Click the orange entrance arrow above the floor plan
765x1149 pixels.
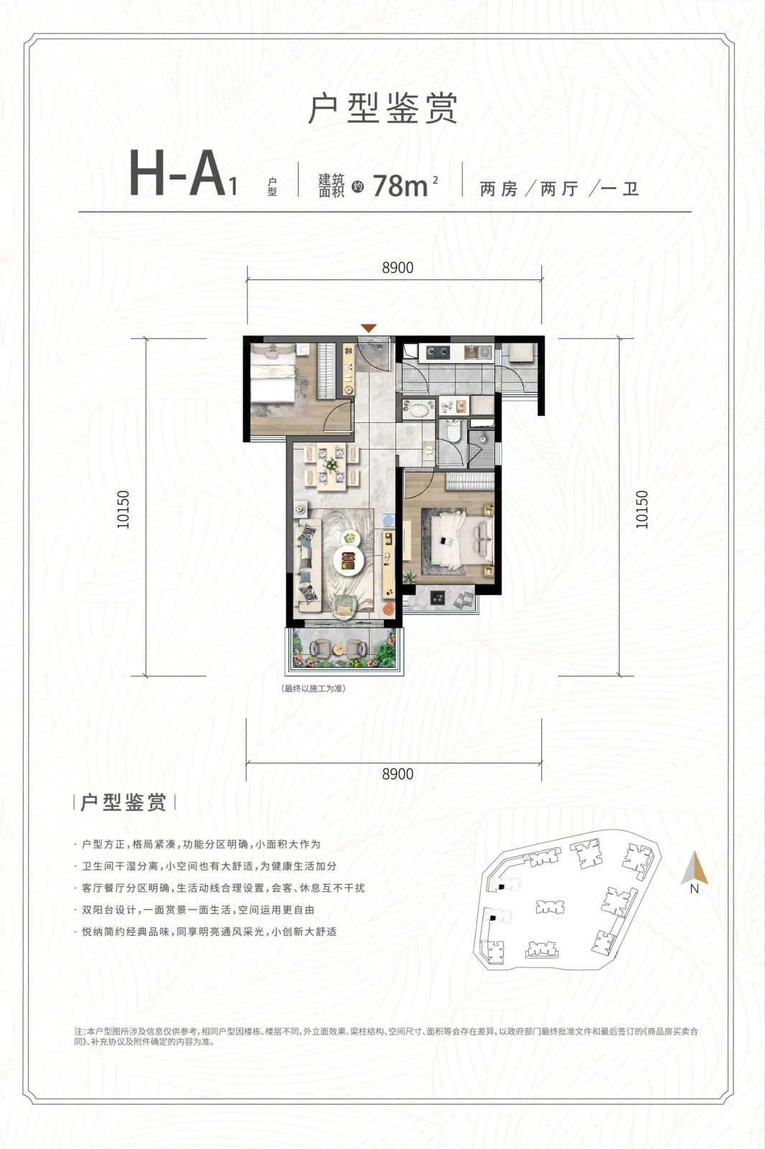click(369, 327)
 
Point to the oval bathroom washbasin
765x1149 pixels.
click(418, 410)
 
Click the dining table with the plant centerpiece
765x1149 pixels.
click(332, 467)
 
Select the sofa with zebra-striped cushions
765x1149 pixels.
click(308, 564)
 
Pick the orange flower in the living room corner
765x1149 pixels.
click(389, 609)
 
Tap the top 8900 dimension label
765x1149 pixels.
click(398, 268)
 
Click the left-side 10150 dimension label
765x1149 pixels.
click(123, 509)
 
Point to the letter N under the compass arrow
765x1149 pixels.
click(694, 889)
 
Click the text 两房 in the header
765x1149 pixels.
click(499, 190)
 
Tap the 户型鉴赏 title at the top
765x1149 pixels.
click(383, 108)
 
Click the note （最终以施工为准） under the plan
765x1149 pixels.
click(314, 689)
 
